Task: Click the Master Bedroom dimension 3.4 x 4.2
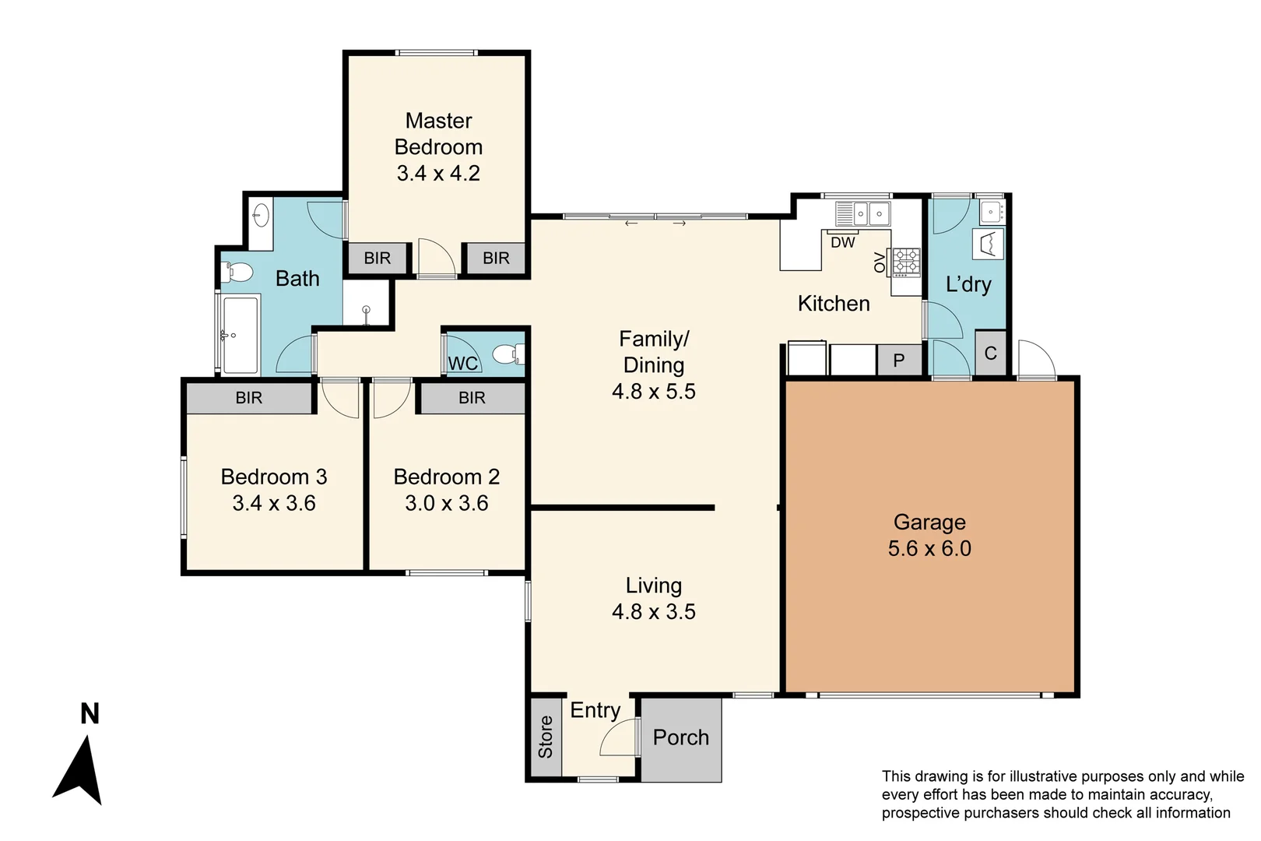click(x=438, y=173)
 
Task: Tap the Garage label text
click(x=929, y=522)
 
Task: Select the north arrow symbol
click(x=79, y=771)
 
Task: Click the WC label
click(x=462, y=363)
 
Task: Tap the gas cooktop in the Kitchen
click(x=905, y=262)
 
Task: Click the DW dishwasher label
click(x=842, y=242)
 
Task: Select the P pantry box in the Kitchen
click(x=899, y=361)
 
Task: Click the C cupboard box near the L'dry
click(x=990, y=354)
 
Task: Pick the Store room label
click(x=546, y=737)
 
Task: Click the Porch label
click(x=681, y=737)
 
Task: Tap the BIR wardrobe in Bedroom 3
click(x=249, y=398)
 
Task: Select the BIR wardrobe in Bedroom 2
click(x=472, y=398)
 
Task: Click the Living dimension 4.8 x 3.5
click(x=654, y=611)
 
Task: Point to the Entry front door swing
click(x=619, y=738)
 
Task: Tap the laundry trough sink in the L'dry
click(x=991, y=209)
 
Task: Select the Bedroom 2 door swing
click(x=390, y=398)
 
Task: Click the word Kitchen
click(x=834, y=304)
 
